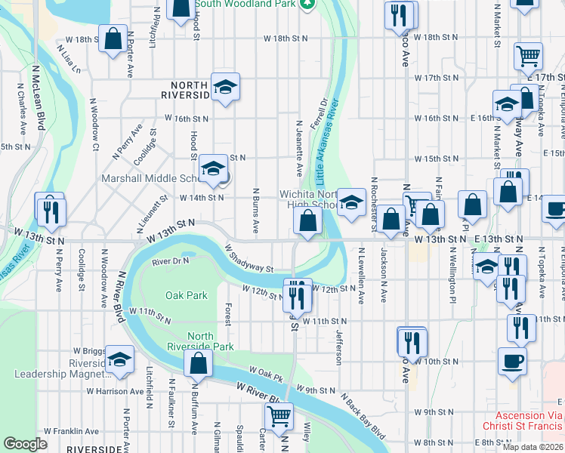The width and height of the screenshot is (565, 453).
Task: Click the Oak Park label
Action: click(186, 295)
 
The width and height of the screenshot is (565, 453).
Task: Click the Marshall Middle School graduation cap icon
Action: click(214, 169)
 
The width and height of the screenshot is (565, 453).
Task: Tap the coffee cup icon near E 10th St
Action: click(512, 361)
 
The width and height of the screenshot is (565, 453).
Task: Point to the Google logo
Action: click(25, 444)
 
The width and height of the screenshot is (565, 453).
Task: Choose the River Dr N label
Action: click(168, 261)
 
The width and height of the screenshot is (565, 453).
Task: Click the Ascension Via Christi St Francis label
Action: click(529, 421)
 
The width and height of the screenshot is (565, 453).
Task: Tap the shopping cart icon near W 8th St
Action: click(279, 415)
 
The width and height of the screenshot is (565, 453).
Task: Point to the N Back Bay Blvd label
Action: click(363, 418)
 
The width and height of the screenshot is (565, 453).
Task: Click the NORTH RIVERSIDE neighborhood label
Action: click(185, 90)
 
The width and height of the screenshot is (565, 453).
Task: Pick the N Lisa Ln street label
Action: click(68, 60)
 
